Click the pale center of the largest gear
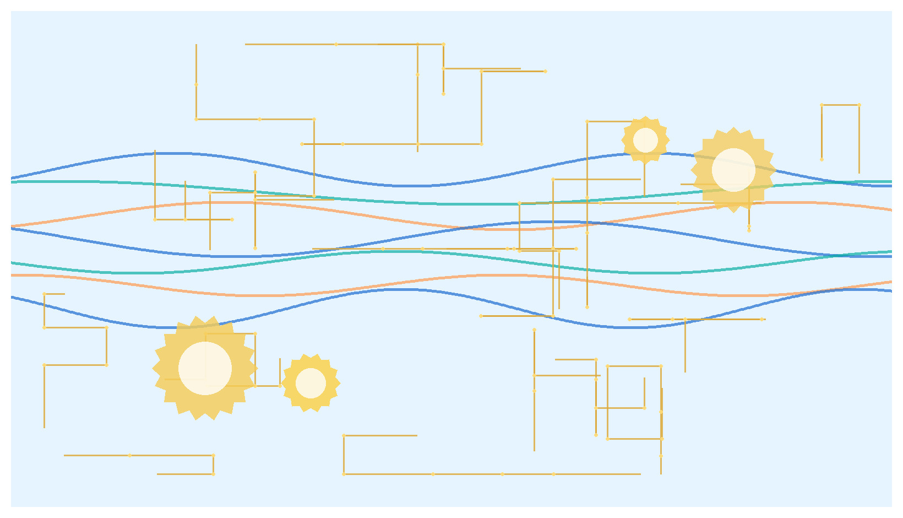point(205,368)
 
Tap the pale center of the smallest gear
point(645,140)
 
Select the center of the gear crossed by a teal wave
point(733,170)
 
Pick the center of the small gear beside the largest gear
point(311,383)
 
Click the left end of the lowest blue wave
point(12,297)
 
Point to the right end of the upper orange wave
point(891,210)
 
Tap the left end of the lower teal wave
point(12,263)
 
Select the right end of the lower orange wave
point(891,282)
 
